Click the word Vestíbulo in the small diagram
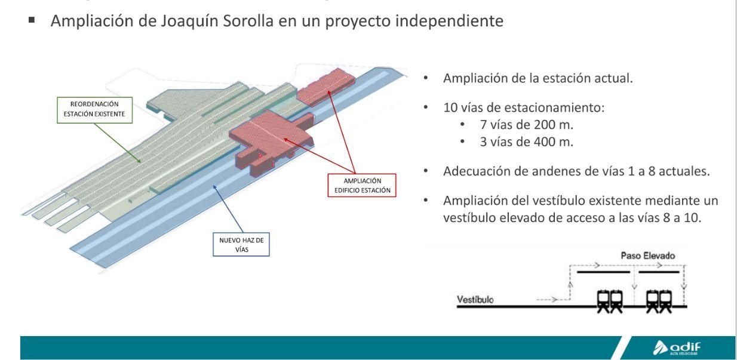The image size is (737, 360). point(476,299)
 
